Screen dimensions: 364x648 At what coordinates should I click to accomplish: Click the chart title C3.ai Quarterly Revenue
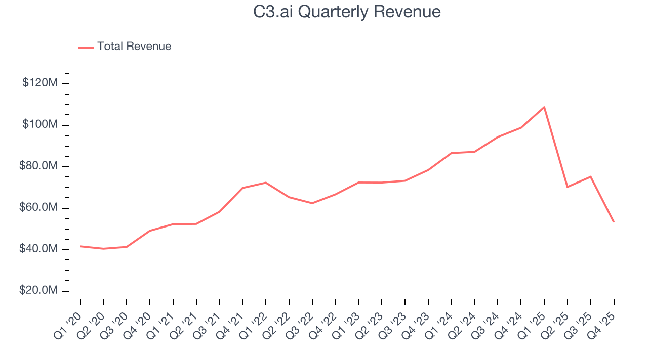pyautogui.click(x=347, y=12)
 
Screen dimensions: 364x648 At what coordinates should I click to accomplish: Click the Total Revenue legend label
pyautogui.click(x=134, y=47)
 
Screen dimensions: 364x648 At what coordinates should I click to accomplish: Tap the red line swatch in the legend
pyautogui.click(x=86, y=47)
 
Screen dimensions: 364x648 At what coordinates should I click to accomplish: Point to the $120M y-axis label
pyautogui.click(x=39, y=83)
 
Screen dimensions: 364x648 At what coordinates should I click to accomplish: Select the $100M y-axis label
pyautogui.click(x=39, y=125)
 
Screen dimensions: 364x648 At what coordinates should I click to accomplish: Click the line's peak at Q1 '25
pyautogui.click(x=544, y=107)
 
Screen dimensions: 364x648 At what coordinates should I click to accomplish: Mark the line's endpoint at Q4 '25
pyautogui.click(x=614, y=222)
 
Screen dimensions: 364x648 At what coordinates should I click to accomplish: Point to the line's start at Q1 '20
pyautogui.click(x=80, y=246)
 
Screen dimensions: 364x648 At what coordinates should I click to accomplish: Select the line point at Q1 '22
pyautogui.click(x=266, y=183)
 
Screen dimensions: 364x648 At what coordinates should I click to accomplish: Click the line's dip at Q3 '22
pyautogui.click(x=312, y=203)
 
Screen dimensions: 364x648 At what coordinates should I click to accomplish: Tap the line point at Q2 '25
pyautogui.click(x=568, y=187)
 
